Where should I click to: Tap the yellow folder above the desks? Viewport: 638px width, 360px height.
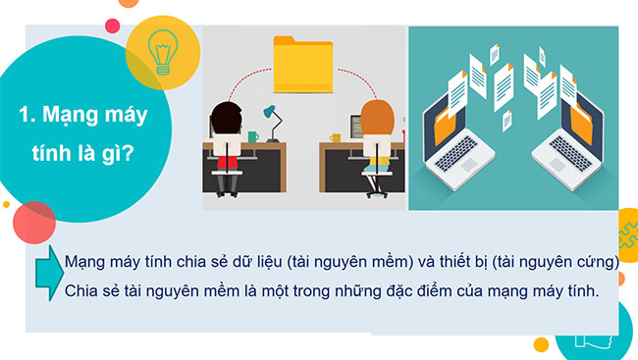pyautogui.click(x=305, y=64)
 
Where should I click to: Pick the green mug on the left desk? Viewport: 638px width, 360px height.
pyautogui.click(x=252, y=136)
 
